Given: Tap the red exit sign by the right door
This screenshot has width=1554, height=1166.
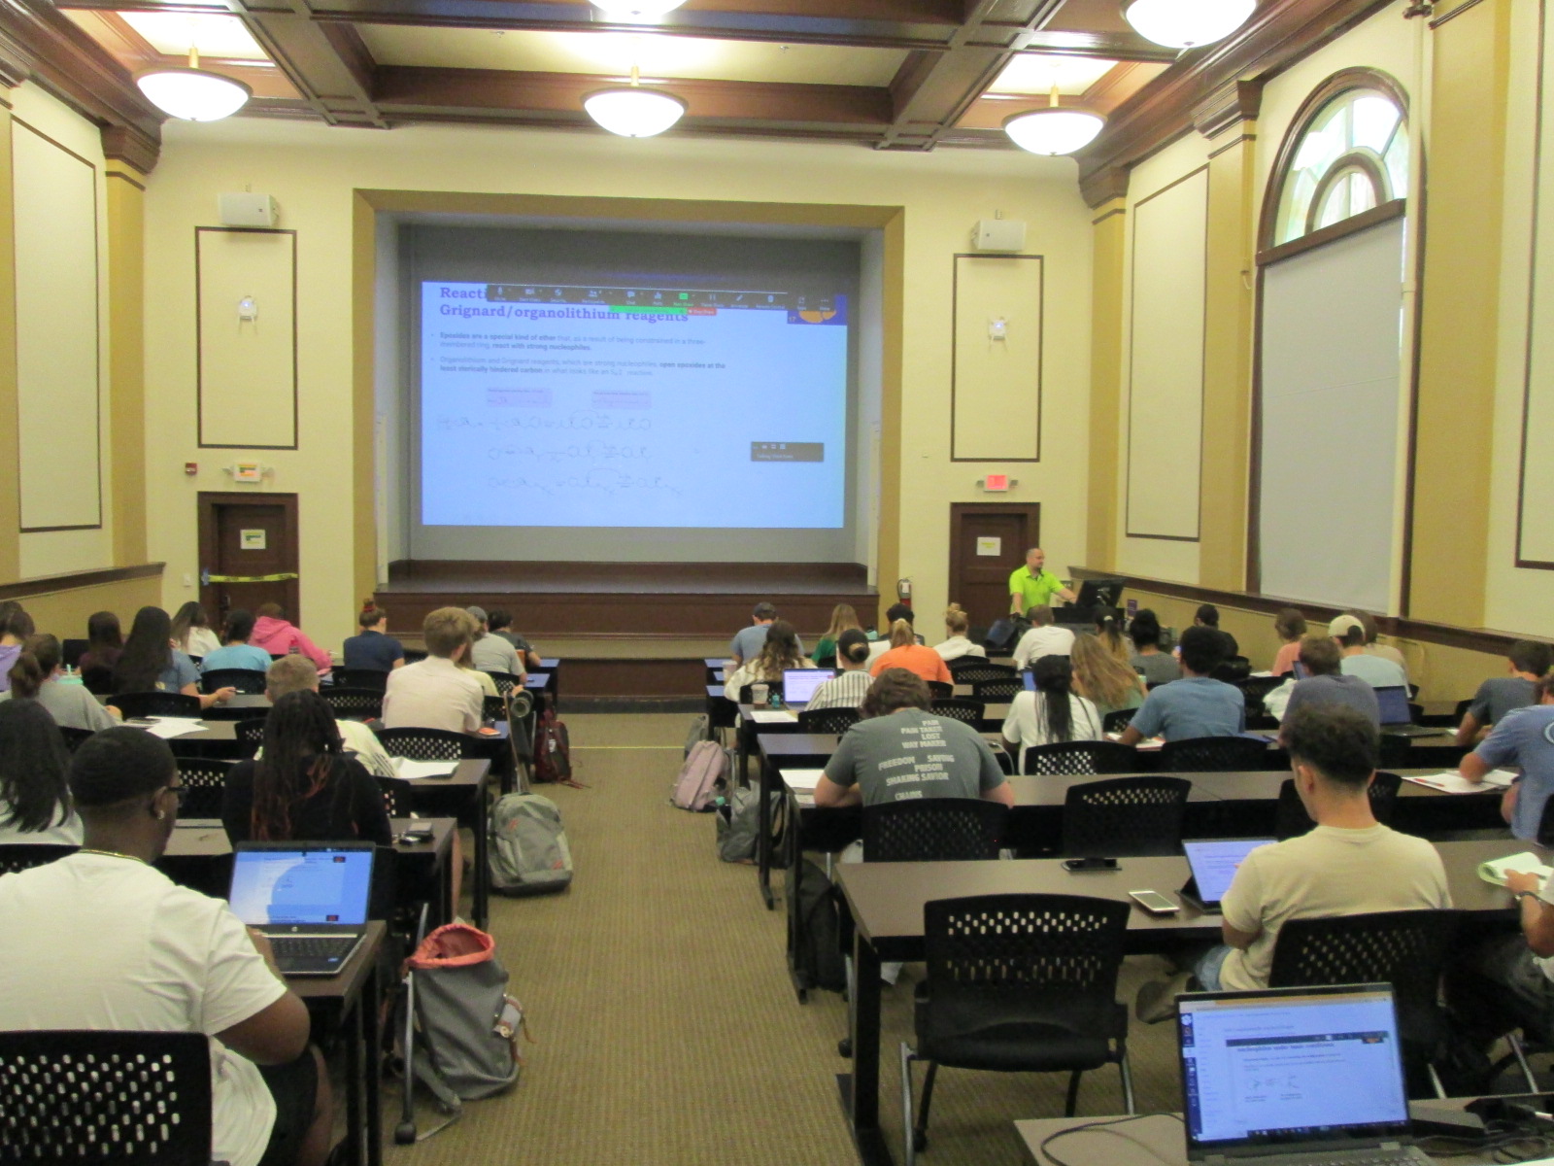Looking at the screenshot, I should click(x=995, y=482).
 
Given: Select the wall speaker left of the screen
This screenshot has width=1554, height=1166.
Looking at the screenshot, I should click(x=248, y=209).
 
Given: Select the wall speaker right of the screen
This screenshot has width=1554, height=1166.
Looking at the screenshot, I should click(x=998, y=234).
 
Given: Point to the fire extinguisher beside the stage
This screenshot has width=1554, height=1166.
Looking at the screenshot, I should click(x=904, y=590).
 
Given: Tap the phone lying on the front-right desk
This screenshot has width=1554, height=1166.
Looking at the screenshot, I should click(x=1153, y=902).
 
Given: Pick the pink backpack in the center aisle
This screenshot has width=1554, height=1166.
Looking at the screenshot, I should click(x=699, y=775).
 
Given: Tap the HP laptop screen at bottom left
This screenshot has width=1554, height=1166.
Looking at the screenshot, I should click(x=301, y=886).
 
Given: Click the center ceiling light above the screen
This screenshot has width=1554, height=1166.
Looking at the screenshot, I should click(x=634, y=109).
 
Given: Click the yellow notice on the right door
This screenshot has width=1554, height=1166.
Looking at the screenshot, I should click(x=989, y=544).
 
